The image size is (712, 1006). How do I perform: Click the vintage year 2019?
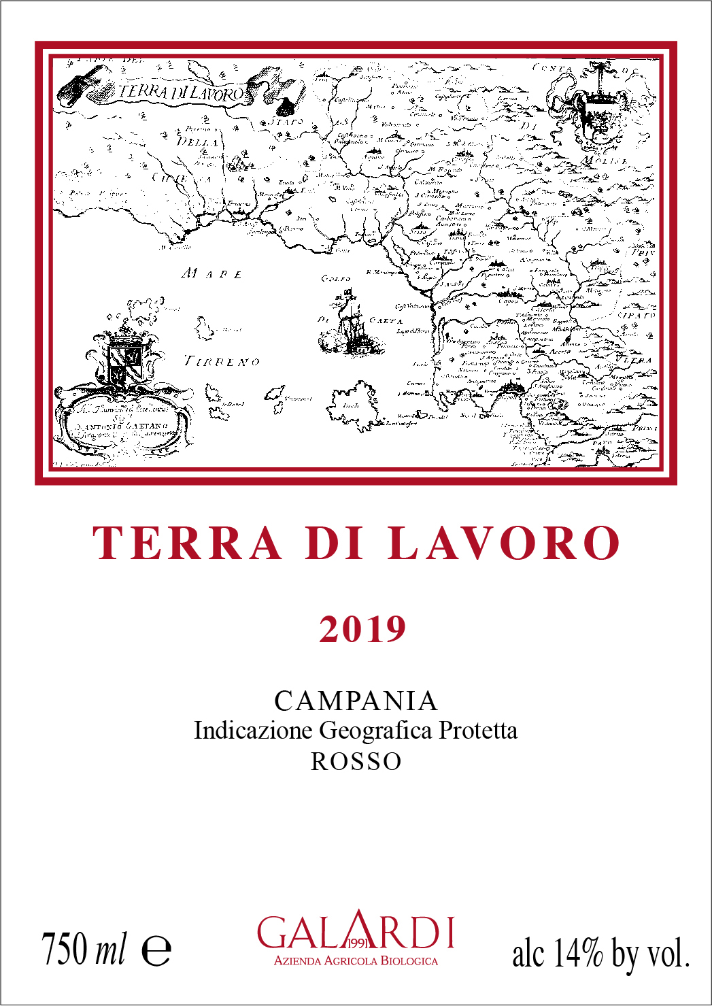(362, 629)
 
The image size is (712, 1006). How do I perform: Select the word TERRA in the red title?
(187, 544)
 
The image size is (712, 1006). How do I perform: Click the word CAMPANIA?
(356, 701)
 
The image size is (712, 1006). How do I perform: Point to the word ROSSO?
(356, 761)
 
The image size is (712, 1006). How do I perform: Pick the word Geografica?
(375, 731)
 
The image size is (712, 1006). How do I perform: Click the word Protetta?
(478, 731)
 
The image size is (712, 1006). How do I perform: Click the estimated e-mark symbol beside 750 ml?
(156, 951)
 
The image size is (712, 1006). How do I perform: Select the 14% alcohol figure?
(577, 952)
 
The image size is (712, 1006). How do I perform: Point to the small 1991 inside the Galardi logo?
(357, 943)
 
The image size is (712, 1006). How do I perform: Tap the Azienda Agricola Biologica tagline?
(356, 961)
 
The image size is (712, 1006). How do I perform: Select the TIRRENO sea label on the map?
(222, 361)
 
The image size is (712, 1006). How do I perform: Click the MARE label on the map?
(211, 274)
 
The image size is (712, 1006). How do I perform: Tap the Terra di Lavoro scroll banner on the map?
(181, 93)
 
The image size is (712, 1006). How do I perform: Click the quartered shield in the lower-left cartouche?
(124, 363)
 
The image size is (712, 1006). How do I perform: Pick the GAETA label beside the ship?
(386, 320)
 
